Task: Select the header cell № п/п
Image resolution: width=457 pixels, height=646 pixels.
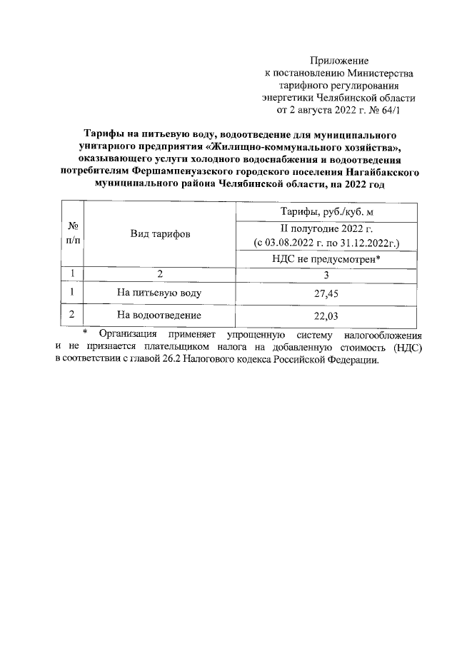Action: tap(72, 233)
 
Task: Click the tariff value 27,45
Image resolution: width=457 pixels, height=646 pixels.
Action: tap(328, 293)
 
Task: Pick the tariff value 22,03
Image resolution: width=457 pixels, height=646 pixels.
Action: tap(328, 314)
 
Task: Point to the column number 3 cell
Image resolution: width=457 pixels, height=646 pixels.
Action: tap(328, 273)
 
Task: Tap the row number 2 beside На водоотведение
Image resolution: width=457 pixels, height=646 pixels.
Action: tap(72, 314)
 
